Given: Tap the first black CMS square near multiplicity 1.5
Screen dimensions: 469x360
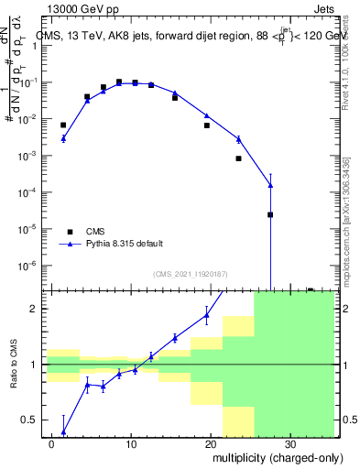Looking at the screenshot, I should (x=63, y=125).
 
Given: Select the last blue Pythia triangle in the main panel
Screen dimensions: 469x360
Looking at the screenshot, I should (x=270, y=186).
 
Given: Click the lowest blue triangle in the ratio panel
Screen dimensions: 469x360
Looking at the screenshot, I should (x=63, y=431).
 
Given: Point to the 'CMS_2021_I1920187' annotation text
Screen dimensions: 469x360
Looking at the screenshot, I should (x=190, y=274).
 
